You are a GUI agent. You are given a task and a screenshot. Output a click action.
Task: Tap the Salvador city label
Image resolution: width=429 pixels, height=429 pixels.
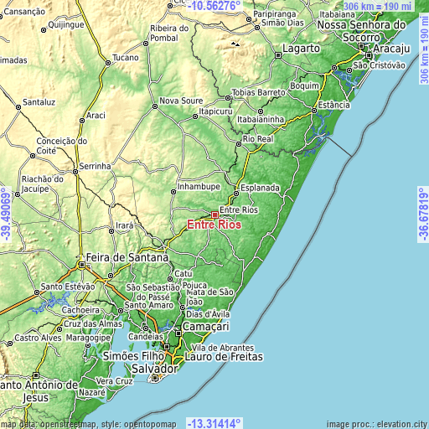tap(155, 369)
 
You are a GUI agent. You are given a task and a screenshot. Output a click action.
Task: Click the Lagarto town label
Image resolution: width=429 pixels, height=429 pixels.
tap(301, 49)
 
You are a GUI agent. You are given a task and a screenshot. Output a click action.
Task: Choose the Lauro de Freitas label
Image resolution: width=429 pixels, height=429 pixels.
tap(228, 357)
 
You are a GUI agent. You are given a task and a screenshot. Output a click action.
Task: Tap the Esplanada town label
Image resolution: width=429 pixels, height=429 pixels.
tap(260, 189)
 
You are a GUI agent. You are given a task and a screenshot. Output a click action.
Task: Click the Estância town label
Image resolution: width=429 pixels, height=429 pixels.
tap(334, 106)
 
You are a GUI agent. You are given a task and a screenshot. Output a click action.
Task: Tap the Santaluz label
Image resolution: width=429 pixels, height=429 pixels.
tap(39, 101)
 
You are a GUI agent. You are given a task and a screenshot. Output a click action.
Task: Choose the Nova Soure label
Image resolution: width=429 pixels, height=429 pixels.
tap(181, 101)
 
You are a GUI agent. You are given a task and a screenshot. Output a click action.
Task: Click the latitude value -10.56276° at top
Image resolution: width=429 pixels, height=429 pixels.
tap(215, 5)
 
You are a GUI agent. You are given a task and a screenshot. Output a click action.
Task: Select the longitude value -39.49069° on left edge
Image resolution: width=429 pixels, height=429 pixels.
tap(6, 214)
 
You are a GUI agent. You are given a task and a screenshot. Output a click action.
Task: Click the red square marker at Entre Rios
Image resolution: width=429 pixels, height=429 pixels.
tap(214, 215)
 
